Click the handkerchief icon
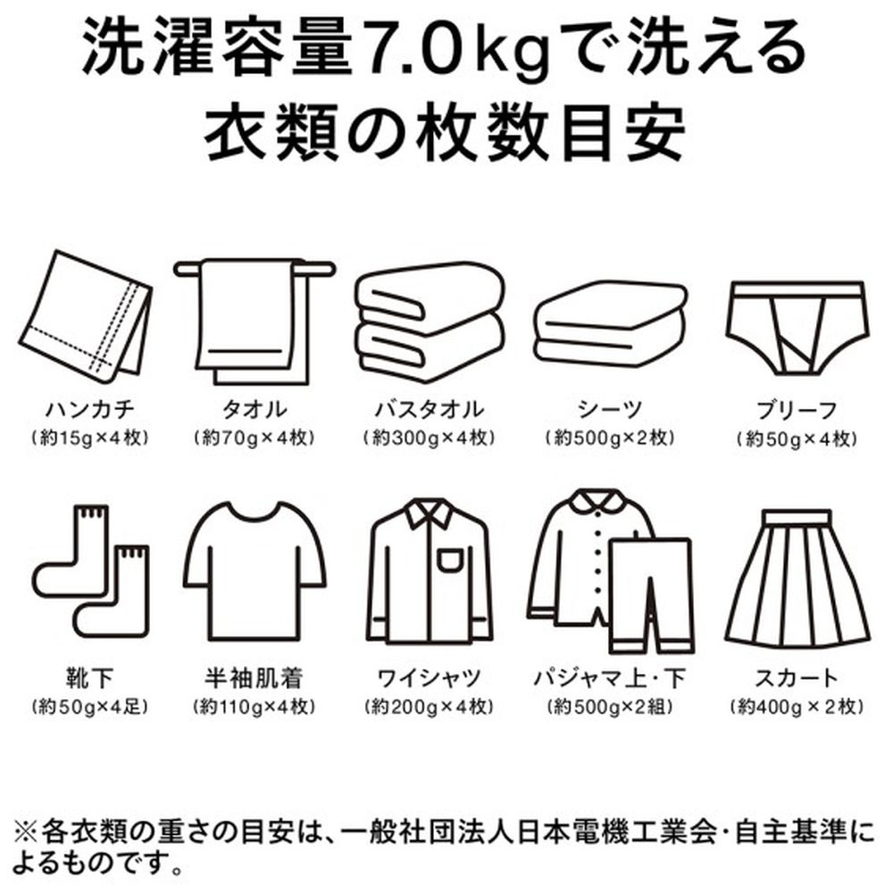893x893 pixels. (86, 318)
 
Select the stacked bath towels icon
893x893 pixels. (430, 321)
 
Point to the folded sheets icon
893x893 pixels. (610, 323)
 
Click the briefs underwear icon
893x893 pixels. (797, 327)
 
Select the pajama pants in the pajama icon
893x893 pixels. (652, 595)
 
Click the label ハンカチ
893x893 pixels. (90, 409)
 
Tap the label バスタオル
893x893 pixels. (430, 409)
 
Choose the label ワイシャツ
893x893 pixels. (430, 678)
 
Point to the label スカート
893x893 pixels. (797, 678)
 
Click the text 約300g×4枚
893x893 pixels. (430, 438)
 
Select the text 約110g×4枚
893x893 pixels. (255, 706)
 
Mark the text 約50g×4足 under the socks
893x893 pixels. (90, 706)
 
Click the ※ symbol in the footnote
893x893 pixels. (25, 832)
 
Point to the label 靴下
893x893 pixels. (90, 678)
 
